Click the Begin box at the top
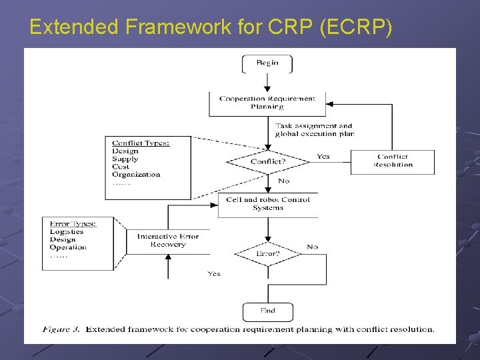(267, 63)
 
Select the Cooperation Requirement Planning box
(267, 103)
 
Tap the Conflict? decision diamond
(267, 161)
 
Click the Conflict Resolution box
(393, 161)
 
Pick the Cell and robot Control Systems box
(267, 204)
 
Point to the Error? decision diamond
(267, 254)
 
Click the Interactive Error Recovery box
(167, 241)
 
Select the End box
(267, 311)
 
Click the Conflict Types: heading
(141, 143)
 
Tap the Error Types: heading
(73, 223)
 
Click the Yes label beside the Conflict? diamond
(323, 157)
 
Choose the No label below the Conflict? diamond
(283, 181)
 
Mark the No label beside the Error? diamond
(312, 247)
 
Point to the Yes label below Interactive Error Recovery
(213, 274)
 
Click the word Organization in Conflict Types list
(136, 175)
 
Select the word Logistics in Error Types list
(67, 231)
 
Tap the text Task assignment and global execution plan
(314, 129)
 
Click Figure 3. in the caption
(61, 329)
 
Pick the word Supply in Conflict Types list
(125, 159)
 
